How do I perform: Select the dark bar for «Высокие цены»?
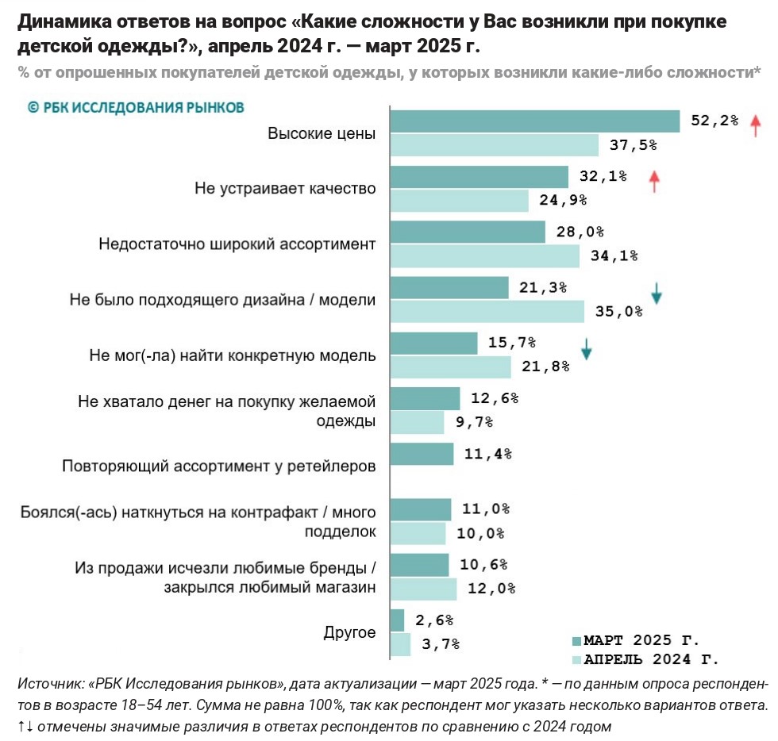tap(535, 121)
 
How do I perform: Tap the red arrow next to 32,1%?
tap(654, 181)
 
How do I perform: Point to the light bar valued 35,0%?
tap(487, 311)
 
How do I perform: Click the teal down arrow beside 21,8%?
tap(586, 349)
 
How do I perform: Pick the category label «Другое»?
tap(349, 632)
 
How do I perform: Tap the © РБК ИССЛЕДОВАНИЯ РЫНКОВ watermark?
tap(136, 106)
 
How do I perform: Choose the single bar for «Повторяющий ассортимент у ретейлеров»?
tap(422, 454)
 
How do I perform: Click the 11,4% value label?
tap(487, 454)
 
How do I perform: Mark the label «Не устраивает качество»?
tap(285, 189)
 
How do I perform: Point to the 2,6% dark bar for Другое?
tap(398, 620)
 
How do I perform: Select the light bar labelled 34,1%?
tap(485, 255)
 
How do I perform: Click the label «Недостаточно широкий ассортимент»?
tap(237, 244)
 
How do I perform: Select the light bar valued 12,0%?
tap(424, 589)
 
